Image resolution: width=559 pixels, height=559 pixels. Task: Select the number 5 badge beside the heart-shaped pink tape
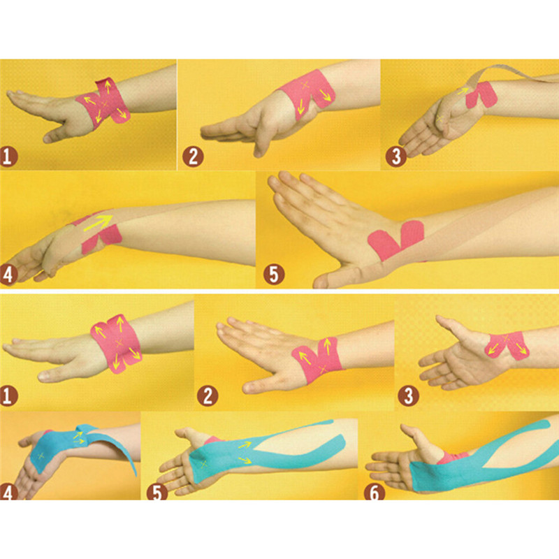[274, 274]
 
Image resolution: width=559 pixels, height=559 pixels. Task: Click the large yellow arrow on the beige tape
[98, 223]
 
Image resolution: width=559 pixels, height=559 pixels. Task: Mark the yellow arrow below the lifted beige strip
[463, 91]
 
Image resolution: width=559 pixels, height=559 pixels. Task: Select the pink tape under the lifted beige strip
[482, 94]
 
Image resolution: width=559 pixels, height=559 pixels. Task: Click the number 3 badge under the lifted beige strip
[396, 157]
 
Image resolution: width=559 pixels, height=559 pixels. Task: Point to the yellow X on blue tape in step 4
[41, 456]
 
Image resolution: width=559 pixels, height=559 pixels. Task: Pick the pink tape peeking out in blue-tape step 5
[213, 440]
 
